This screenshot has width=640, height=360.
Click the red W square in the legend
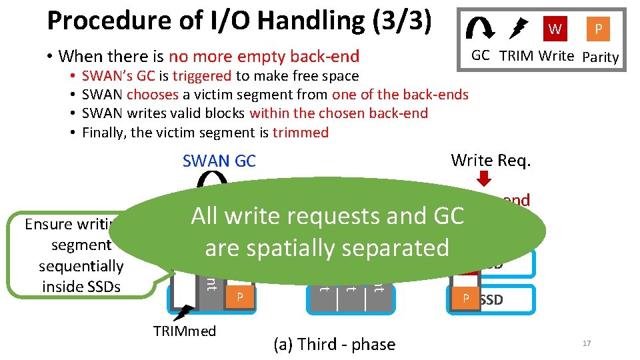(x=555, y=29)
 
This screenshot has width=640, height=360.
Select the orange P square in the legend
(x=598, y=29)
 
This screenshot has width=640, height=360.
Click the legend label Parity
(x=600, y=57)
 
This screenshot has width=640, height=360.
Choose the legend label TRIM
(x=515, y=56)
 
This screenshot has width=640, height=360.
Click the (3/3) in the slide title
(x=399, y=21)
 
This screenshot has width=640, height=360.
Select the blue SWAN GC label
(x=219, y=161)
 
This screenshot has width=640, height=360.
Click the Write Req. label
(x=490, y=160)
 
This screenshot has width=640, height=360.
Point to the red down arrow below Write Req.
(x=485, y=179)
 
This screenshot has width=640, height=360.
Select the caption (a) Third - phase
(x=334, y=344)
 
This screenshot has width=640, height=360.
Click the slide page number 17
(x=587, y=343)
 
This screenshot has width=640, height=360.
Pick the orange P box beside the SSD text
(x=467, y=299)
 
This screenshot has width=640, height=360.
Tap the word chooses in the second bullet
(x=150, y=95)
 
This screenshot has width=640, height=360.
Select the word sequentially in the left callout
(x=81, y=266)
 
